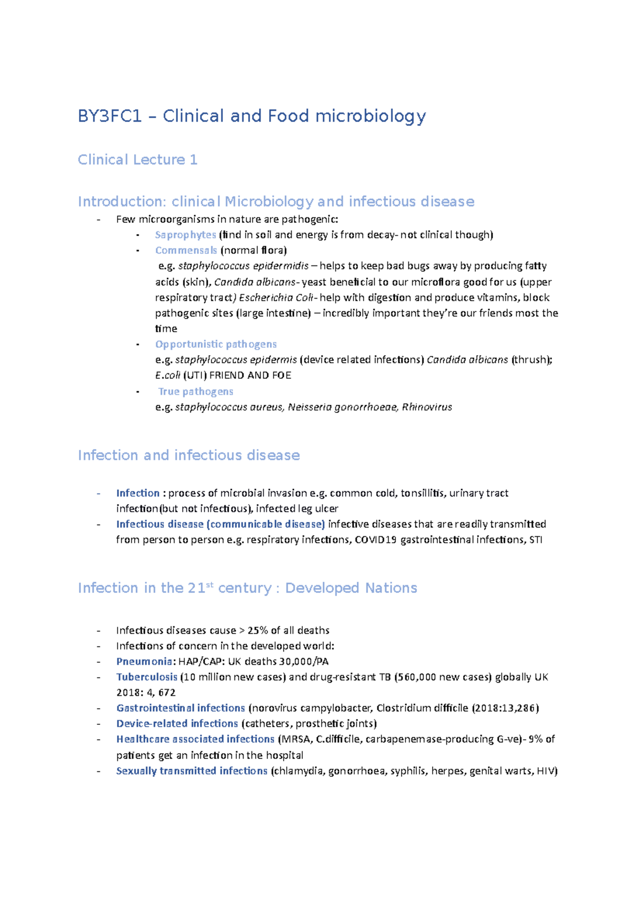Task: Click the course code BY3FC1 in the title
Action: (x=110, y=116)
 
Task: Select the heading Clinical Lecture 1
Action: (x=137, y=160)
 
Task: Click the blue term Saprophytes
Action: (x=185, y=234)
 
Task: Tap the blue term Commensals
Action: (x=186, y=250)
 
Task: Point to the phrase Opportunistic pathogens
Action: (x=216, y=344)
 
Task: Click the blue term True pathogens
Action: (x=196, y=392)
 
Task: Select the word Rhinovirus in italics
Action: (x=427, y=407)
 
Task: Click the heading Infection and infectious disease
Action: (x=189, y=455)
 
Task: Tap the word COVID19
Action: (x=376, y=539)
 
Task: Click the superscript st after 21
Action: (x=209, y=584)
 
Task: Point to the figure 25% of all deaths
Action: (x=288, y=630)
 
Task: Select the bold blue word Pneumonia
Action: (x=144, y=661)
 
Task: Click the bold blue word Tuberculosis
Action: (x=147, y=677)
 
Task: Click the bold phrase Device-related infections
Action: (x=177, y=723)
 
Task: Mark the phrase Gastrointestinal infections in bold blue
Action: (x=181, y=708)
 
